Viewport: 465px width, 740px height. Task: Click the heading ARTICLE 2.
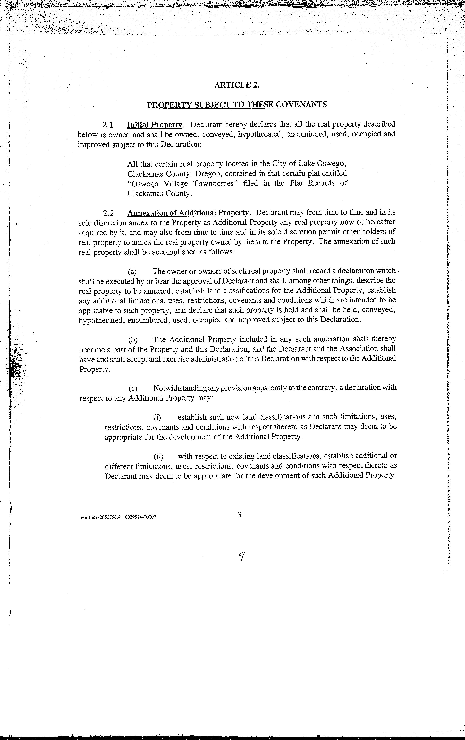coord(237,85)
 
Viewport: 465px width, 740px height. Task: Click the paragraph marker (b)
coord(133,340)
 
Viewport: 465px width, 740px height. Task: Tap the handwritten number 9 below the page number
coord(243,556)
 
